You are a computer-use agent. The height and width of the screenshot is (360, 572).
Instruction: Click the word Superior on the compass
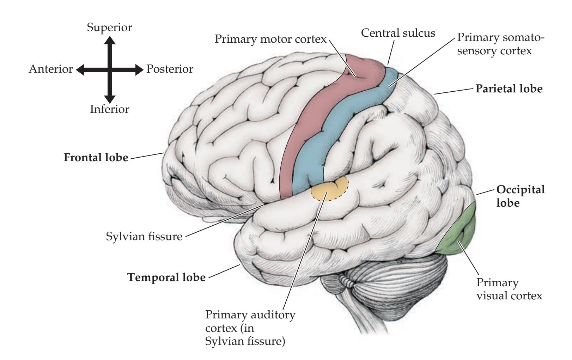[110, 28]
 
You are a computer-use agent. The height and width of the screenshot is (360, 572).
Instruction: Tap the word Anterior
[51, 69]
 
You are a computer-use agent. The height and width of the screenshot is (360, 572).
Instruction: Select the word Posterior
[170, 69]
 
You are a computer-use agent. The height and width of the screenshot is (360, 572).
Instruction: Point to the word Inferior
[110, 109]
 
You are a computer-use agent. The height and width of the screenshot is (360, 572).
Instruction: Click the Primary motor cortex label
[271, 39]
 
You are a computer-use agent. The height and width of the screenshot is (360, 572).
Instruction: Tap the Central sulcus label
[398, 33]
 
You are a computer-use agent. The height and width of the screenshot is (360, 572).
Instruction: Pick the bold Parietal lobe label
[509, 89]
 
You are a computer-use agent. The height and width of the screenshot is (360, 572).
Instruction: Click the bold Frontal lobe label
[96, 157]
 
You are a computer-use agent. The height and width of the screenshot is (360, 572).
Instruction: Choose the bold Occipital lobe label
[520, 196]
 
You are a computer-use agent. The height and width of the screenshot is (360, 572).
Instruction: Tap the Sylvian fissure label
[144, 236]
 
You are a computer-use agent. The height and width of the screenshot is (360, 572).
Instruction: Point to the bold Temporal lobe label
[166, 277]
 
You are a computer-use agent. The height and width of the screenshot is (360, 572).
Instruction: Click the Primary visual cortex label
[509, 289]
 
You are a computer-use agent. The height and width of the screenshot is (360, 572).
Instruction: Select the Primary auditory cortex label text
[250, 328]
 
